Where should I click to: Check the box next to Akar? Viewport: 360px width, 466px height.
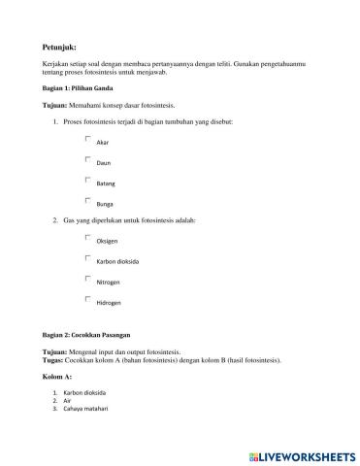(x=88, y=139)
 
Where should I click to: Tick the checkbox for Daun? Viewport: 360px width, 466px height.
(x=88, y=159)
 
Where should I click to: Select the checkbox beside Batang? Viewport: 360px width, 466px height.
(x=88, y=180)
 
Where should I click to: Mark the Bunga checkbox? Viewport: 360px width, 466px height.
(x=88, y=200)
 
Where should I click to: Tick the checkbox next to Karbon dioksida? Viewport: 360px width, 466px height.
(x=88, y=258)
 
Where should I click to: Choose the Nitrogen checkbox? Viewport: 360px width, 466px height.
(x=88, y=279)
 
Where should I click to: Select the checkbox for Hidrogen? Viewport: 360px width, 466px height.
(x=88, y=299)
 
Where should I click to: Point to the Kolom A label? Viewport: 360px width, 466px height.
(x=58, y=375)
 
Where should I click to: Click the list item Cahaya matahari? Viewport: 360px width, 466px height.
(x=84, y=408)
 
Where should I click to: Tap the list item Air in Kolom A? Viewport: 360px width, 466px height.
(x=68, y=400)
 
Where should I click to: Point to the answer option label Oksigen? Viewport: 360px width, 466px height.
(x=107, y=242)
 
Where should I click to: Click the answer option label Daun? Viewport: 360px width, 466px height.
(x=103, y=163)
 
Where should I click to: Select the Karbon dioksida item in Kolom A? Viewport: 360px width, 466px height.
(x=84, y=392)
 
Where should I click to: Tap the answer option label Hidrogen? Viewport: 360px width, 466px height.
(x=109, y=303)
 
